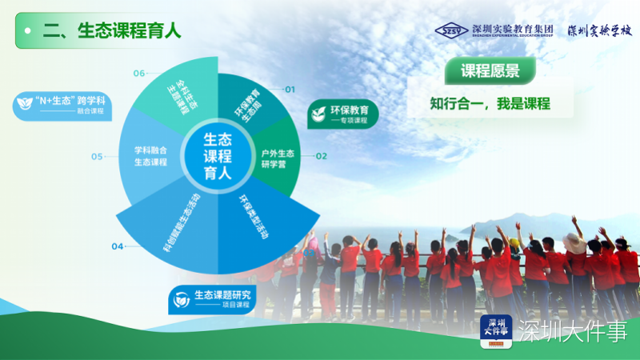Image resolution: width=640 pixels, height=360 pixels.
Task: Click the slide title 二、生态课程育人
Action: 112,30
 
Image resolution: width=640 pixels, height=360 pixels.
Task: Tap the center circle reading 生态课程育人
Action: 217,155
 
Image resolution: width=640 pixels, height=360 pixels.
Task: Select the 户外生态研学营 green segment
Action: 277,154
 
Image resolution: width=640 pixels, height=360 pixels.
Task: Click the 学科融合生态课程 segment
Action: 150,155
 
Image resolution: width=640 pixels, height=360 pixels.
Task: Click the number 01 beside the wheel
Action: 290,90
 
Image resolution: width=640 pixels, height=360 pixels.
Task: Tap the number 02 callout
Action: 321,156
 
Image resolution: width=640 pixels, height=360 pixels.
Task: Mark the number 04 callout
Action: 118,246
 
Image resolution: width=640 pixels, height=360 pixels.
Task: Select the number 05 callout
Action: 97,157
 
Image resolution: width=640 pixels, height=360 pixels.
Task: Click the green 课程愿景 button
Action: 490,71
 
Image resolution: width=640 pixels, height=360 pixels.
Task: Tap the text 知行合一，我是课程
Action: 490,103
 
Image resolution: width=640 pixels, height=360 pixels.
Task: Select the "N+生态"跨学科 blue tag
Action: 62,106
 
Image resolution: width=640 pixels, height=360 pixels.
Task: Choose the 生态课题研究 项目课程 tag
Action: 214,299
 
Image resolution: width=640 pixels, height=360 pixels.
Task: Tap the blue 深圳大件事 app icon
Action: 496,331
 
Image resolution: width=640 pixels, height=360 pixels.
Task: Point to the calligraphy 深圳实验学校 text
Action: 599,30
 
